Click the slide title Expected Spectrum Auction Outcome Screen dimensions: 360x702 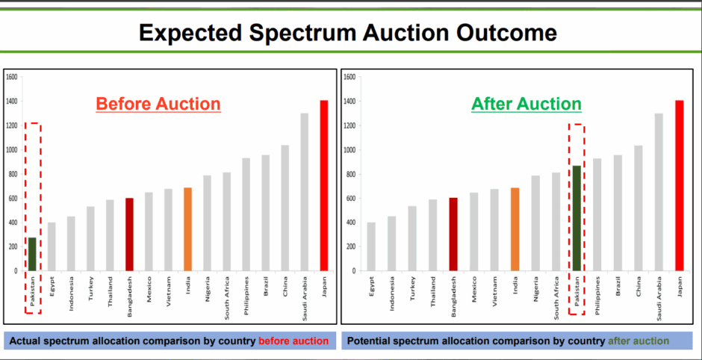click(348, 32)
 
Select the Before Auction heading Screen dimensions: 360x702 click(158, 103)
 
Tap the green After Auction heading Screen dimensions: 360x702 click(526, 103)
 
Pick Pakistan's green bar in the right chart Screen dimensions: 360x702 click(577, 218)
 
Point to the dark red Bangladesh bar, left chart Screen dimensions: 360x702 click(129, 234)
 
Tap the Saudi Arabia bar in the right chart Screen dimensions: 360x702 click(658, 192)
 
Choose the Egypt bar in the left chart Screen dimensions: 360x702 click(52, 246)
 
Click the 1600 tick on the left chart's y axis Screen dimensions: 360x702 click(11, 77)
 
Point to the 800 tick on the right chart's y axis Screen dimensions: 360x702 click(349, 174)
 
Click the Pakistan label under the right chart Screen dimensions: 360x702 click(577, 296)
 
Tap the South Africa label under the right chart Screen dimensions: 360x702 click(556, 297)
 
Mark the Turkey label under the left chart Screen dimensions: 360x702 click(90, 291)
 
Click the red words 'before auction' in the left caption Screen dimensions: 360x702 click(293, 341)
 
